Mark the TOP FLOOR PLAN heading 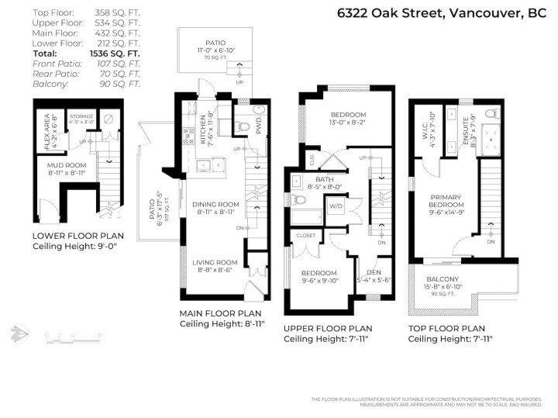[446, 328]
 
